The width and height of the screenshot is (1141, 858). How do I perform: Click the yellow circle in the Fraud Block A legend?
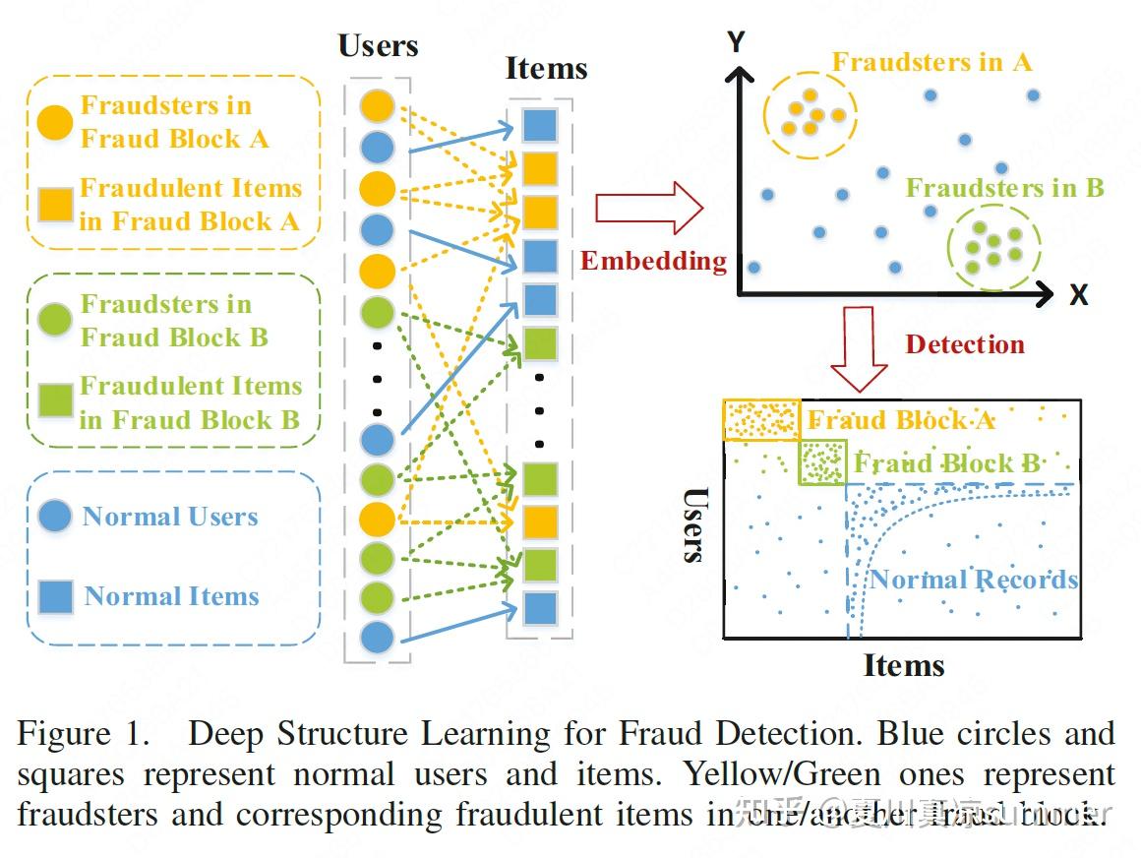pyautogui.click(x=54, y=122)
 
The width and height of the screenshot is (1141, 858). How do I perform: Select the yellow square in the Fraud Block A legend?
pyautogui.click(x=54, y=204)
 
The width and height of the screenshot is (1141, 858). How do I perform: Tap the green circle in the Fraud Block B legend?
pyautogui.click(x=54, y=320)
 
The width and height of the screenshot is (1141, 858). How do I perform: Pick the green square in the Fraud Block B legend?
pyautogui.click(x=54, y=402)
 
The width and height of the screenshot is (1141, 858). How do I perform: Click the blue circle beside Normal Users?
pyautogui.click(x=54, y=516)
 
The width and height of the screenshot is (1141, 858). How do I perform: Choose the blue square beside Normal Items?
pyautogui.click(x=55, y=596)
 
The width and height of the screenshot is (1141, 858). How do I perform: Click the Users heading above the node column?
pyautogui.click(x=378, y=46)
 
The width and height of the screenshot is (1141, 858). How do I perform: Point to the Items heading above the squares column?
pyautogui.click(x=546, y=69)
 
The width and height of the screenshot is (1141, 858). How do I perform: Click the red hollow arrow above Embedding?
pyautogui.click(x=649, y=209)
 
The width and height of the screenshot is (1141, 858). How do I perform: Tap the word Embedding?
pyautogui.click(x=653, y=261)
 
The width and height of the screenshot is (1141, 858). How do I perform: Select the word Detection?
pyautogui.click(x=964, y=344)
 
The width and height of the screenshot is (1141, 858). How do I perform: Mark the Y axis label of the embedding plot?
pyautogui.click(x=736, y=42)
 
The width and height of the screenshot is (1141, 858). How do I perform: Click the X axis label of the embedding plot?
pyautogui.click(x=1078, y=294)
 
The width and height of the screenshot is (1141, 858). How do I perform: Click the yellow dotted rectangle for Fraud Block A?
pyautogui.click(x=761, y=420)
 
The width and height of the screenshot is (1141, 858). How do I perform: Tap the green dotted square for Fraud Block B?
pyautogui.click(x=821, y=462)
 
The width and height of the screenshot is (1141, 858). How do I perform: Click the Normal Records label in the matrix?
pyautogui.click(x=973, y=580)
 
